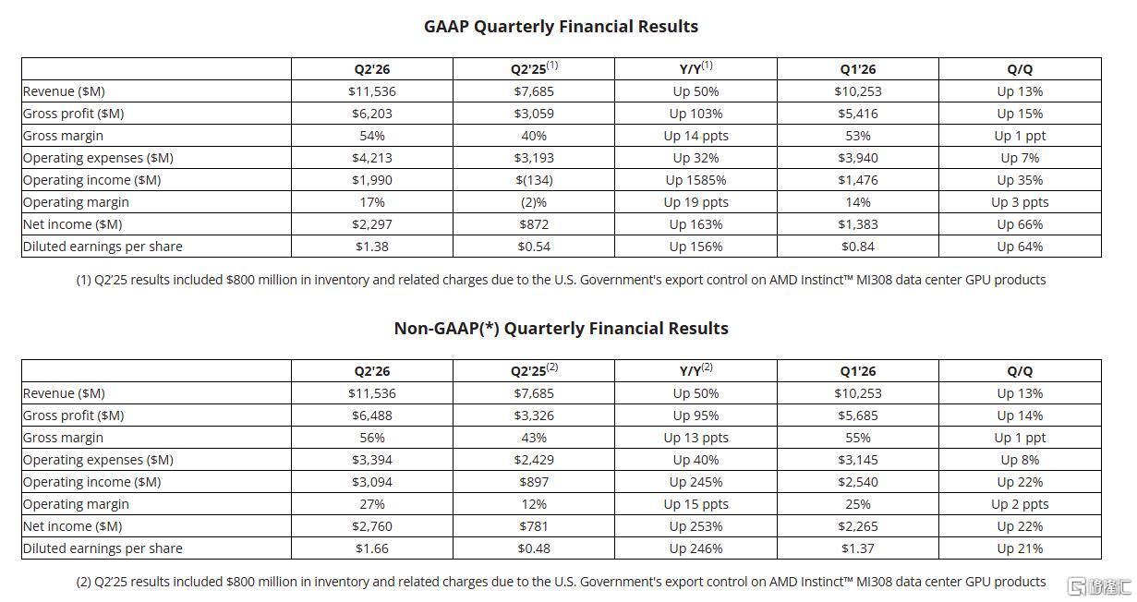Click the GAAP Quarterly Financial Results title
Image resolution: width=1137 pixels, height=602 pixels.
tap(561, 27)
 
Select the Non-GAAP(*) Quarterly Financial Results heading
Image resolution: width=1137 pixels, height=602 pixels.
tap(561, 329)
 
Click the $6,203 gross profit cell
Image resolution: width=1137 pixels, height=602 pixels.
tap(372, 114)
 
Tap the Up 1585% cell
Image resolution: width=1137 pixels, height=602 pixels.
tap(696, 180)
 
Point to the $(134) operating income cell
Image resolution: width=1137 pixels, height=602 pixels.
tap(534, 180)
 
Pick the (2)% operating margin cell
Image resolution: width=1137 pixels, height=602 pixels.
tap(534, 202)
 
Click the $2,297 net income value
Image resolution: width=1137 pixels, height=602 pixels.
tap(372, 223)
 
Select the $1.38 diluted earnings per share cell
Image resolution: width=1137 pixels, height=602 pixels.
tap(372, 247)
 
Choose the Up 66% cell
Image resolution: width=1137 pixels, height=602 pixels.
tap(1020, 223)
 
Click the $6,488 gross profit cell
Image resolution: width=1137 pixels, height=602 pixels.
tap(372, 415)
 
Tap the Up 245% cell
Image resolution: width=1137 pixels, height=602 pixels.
tap(696, 482)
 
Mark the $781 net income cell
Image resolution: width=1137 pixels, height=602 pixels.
tap(534, 526)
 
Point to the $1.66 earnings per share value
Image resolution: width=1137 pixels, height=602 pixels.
tap(372, 548)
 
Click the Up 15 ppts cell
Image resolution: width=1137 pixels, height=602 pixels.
tap(696, 504)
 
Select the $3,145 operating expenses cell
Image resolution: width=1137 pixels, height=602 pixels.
tap(858, 460)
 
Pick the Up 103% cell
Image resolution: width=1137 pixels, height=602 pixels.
tap(696, 114)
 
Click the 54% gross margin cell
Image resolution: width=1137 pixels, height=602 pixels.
tap(372, 136)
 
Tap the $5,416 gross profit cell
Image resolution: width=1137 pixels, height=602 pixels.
tap(858, 114)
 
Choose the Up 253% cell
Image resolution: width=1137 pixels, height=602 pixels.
tap(696, 526)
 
